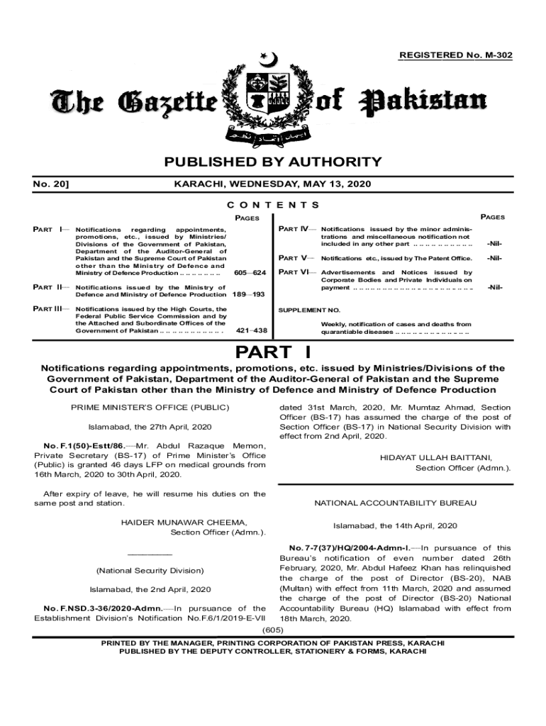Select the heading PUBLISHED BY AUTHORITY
point(273,162)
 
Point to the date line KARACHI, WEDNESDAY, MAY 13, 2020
point(272,185)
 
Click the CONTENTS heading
point(273,205)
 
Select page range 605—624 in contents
point(249,273)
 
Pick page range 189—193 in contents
point(249,294)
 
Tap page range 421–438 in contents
point(251,330)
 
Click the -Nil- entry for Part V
point(494,258)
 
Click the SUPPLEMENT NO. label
point(309,311)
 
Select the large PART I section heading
point(273,352)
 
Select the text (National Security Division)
point(150,571)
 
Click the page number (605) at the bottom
point(273,630)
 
